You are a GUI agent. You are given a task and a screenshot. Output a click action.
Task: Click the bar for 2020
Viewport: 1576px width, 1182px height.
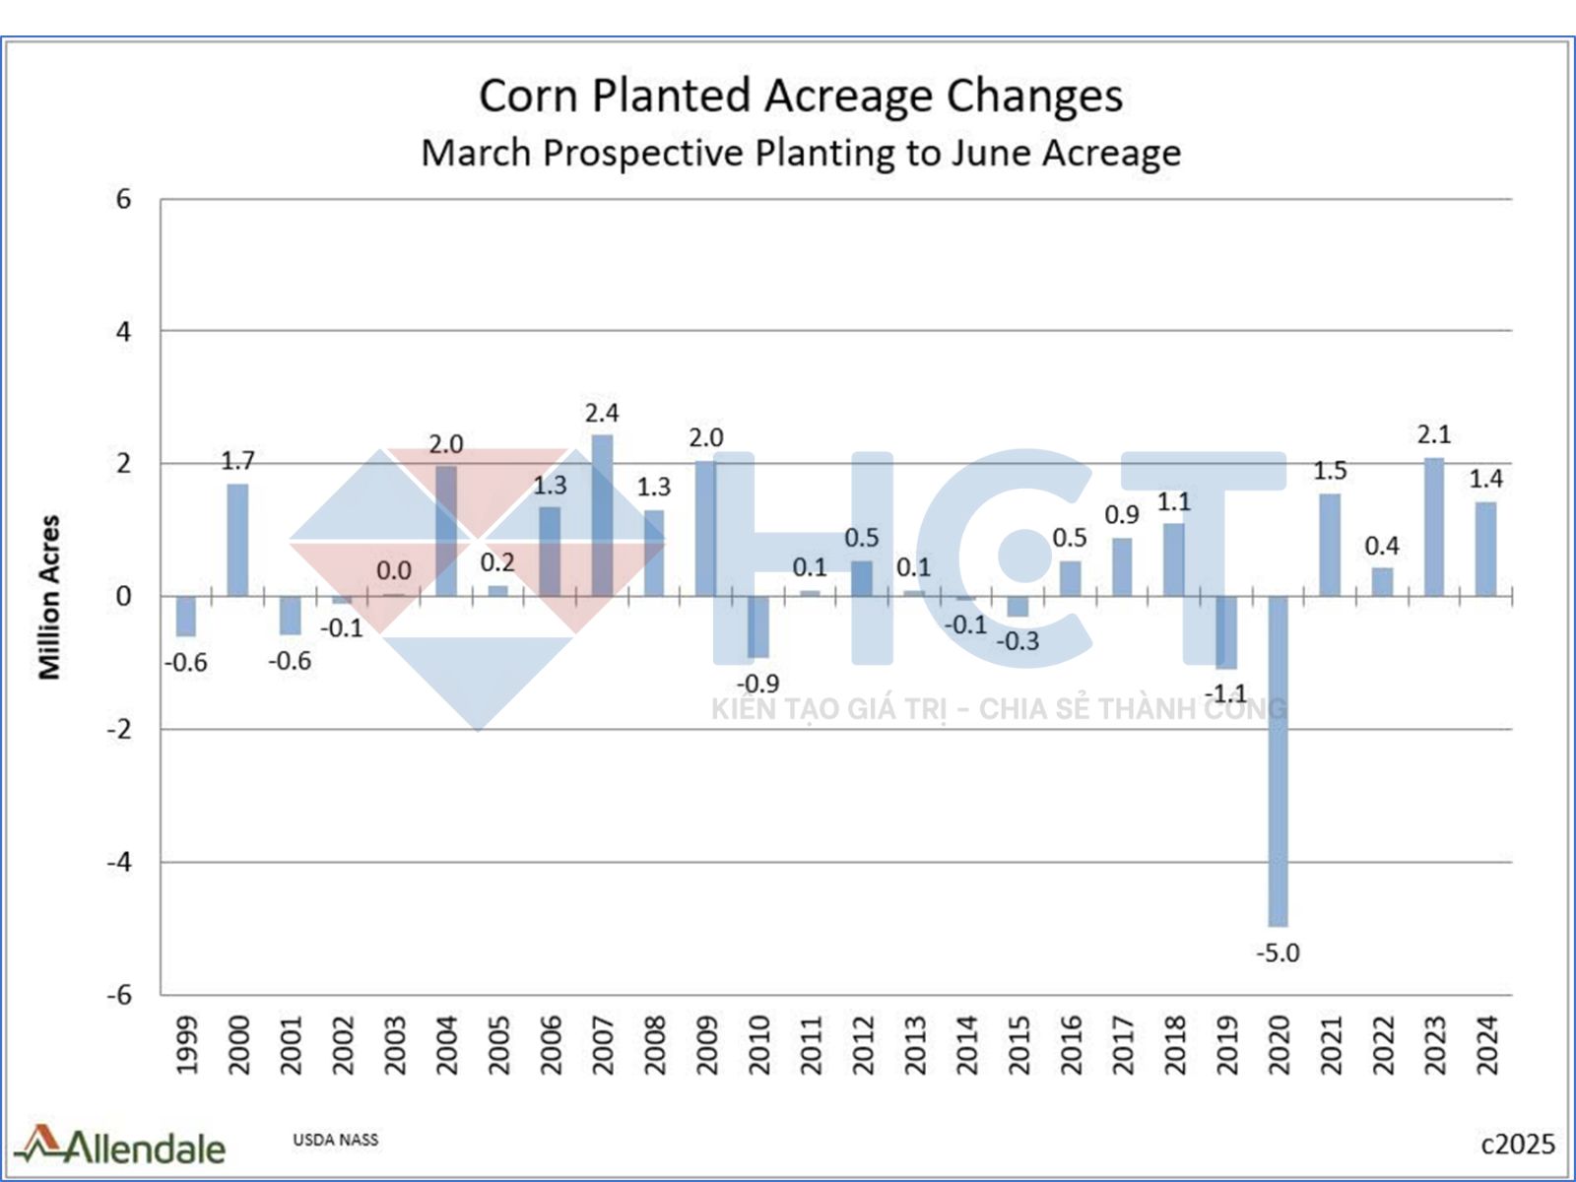(1278, 760)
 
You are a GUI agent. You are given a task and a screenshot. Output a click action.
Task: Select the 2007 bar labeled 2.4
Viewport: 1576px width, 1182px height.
(602, 515)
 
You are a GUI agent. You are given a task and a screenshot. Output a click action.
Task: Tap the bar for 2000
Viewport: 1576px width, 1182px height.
(237, 540)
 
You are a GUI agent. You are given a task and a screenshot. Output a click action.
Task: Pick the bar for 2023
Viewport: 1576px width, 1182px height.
(1434, 527)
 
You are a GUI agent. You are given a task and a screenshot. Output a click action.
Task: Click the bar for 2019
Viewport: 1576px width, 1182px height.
(1225, 632)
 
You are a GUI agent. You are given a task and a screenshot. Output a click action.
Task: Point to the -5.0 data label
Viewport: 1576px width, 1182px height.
(1278, 952)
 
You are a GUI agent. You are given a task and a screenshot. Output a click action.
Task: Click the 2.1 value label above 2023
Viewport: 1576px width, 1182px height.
(1434, 434)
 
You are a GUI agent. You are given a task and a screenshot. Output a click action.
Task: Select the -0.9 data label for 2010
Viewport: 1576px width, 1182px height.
(758, 683)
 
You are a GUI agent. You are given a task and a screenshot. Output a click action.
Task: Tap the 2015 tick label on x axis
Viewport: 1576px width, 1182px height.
(1018, 1045)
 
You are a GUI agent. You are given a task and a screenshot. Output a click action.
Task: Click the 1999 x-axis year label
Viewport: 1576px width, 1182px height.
(186, 1045)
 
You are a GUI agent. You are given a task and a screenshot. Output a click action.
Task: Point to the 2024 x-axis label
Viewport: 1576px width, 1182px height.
(1486, 1045)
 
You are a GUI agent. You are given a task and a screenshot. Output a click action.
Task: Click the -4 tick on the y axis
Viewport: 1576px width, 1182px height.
(119, 862)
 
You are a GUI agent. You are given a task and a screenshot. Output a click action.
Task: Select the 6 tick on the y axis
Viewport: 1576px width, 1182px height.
(123, 199)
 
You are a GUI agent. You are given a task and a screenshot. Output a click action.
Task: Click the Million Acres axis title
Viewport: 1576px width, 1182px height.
(49, 597)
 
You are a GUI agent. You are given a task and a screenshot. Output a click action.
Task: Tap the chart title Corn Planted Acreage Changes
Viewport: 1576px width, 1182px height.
(801, 97)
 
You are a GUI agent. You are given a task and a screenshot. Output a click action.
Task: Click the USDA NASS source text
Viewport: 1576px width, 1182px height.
(335, 1140)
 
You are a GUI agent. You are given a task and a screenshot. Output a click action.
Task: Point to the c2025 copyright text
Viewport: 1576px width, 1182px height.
(1518, 1144)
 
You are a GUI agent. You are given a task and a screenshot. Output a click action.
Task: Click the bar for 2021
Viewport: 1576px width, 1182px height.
(1330, 546)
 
